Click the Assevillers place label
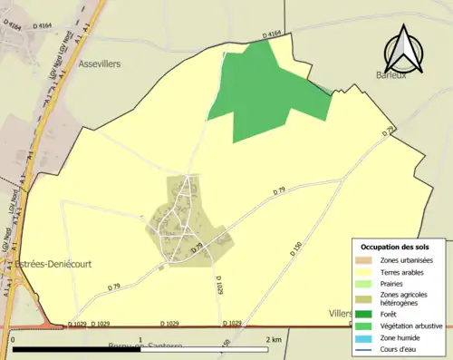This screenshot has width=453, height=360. tap(105, 65)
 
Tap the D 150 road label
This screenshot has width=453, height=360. tap(295, 247)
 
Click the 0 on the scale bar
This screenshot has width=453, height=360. tap(13, 340)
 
